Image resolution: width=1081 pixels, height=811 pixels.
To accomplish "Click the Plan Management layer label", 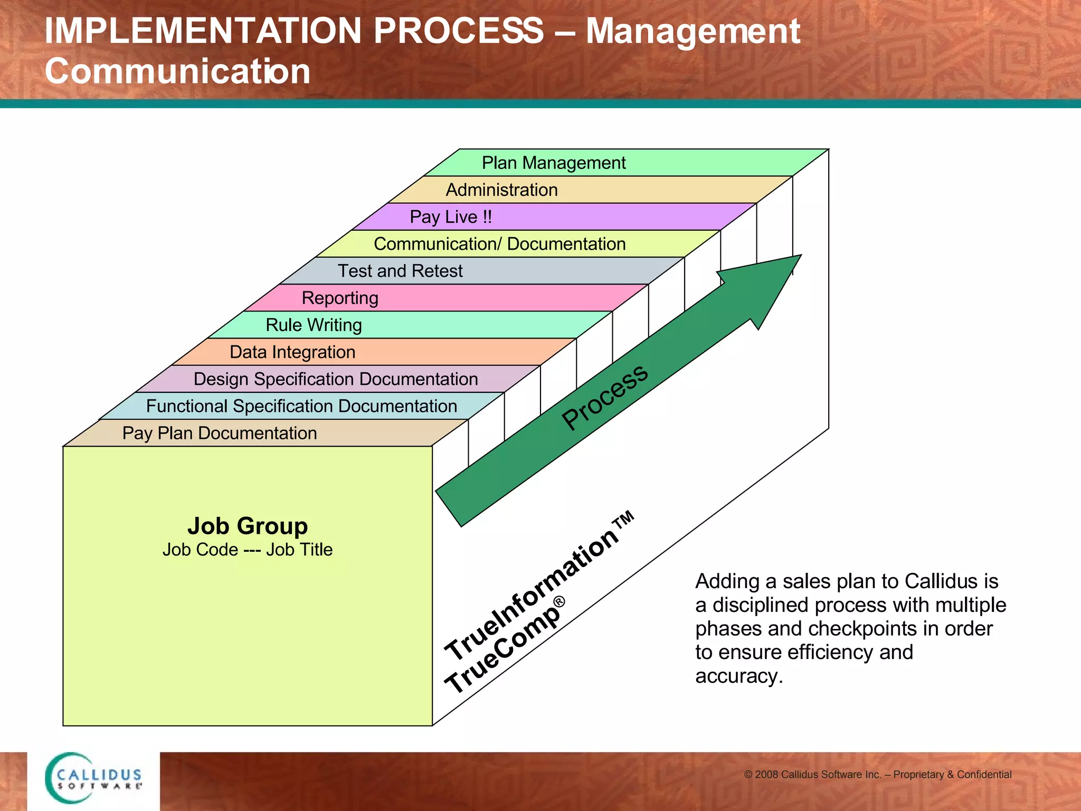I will coord(553,163).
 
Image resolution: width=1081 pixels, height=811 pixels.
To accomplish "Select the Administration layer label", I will coord(501,190).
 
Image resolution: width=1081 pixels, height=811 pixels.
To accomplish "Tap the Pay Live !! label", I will coord(451,217).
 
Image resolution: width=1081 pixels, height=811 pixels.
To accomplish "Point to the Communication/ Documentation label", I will coord(499,244).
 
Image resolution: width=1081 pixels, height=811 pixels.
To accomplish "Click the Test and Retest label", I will coord(400,271).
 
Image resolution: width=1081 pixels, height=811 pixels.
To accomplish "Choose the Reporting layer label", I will coord(340,298).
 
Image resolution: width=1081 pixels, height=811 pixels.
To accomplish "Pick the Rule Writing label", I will coord(314,325).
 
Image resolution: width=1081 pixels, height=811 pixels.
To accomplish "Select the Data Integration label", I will coord(292,352).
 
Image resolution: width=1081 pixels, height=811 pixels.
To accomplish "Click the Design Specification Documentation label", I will coord(336,379).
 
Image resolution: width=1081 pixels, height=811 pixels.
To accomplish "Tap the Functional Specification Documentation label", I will coord(301,406).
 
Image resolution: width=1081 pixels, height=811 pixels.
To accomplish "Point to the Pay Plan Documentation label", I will coord(220,433).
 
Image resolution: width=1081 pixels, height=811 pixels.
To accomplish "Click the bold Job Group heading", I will coord(248,526).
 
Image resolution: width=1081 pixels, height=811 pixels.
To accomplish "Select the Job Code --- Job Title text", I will coord(248,550).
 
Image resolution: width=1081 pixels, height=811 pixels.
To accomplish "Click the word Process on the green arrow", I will coord(604,397).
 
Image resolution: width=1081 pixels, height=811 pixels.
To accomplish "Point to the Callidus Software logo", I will coord(94,778).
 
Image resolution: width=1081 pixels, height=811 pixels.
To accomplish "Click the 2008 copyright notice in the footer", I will coord(877,775).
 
